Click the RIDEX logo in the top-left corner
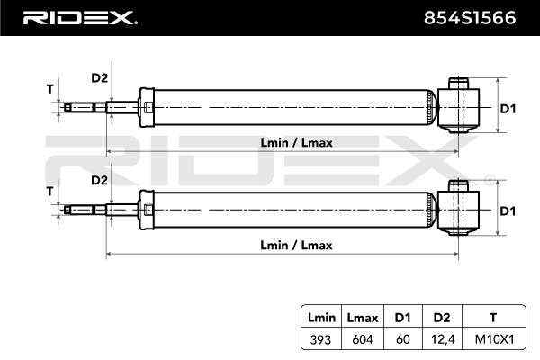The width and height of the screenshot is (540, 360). click(x=79, y=17)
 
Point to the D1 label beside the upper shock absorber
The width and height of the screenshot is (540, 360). click(x=508, y=109)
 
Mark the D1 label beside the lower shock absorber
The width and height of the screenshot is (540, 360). click(x=508, y=211)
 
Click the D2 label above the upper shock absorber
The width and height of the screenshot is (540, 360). click(x=99, y=77)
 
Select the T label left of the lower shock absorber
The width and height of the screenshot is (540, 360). click(x=49, y=192)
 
